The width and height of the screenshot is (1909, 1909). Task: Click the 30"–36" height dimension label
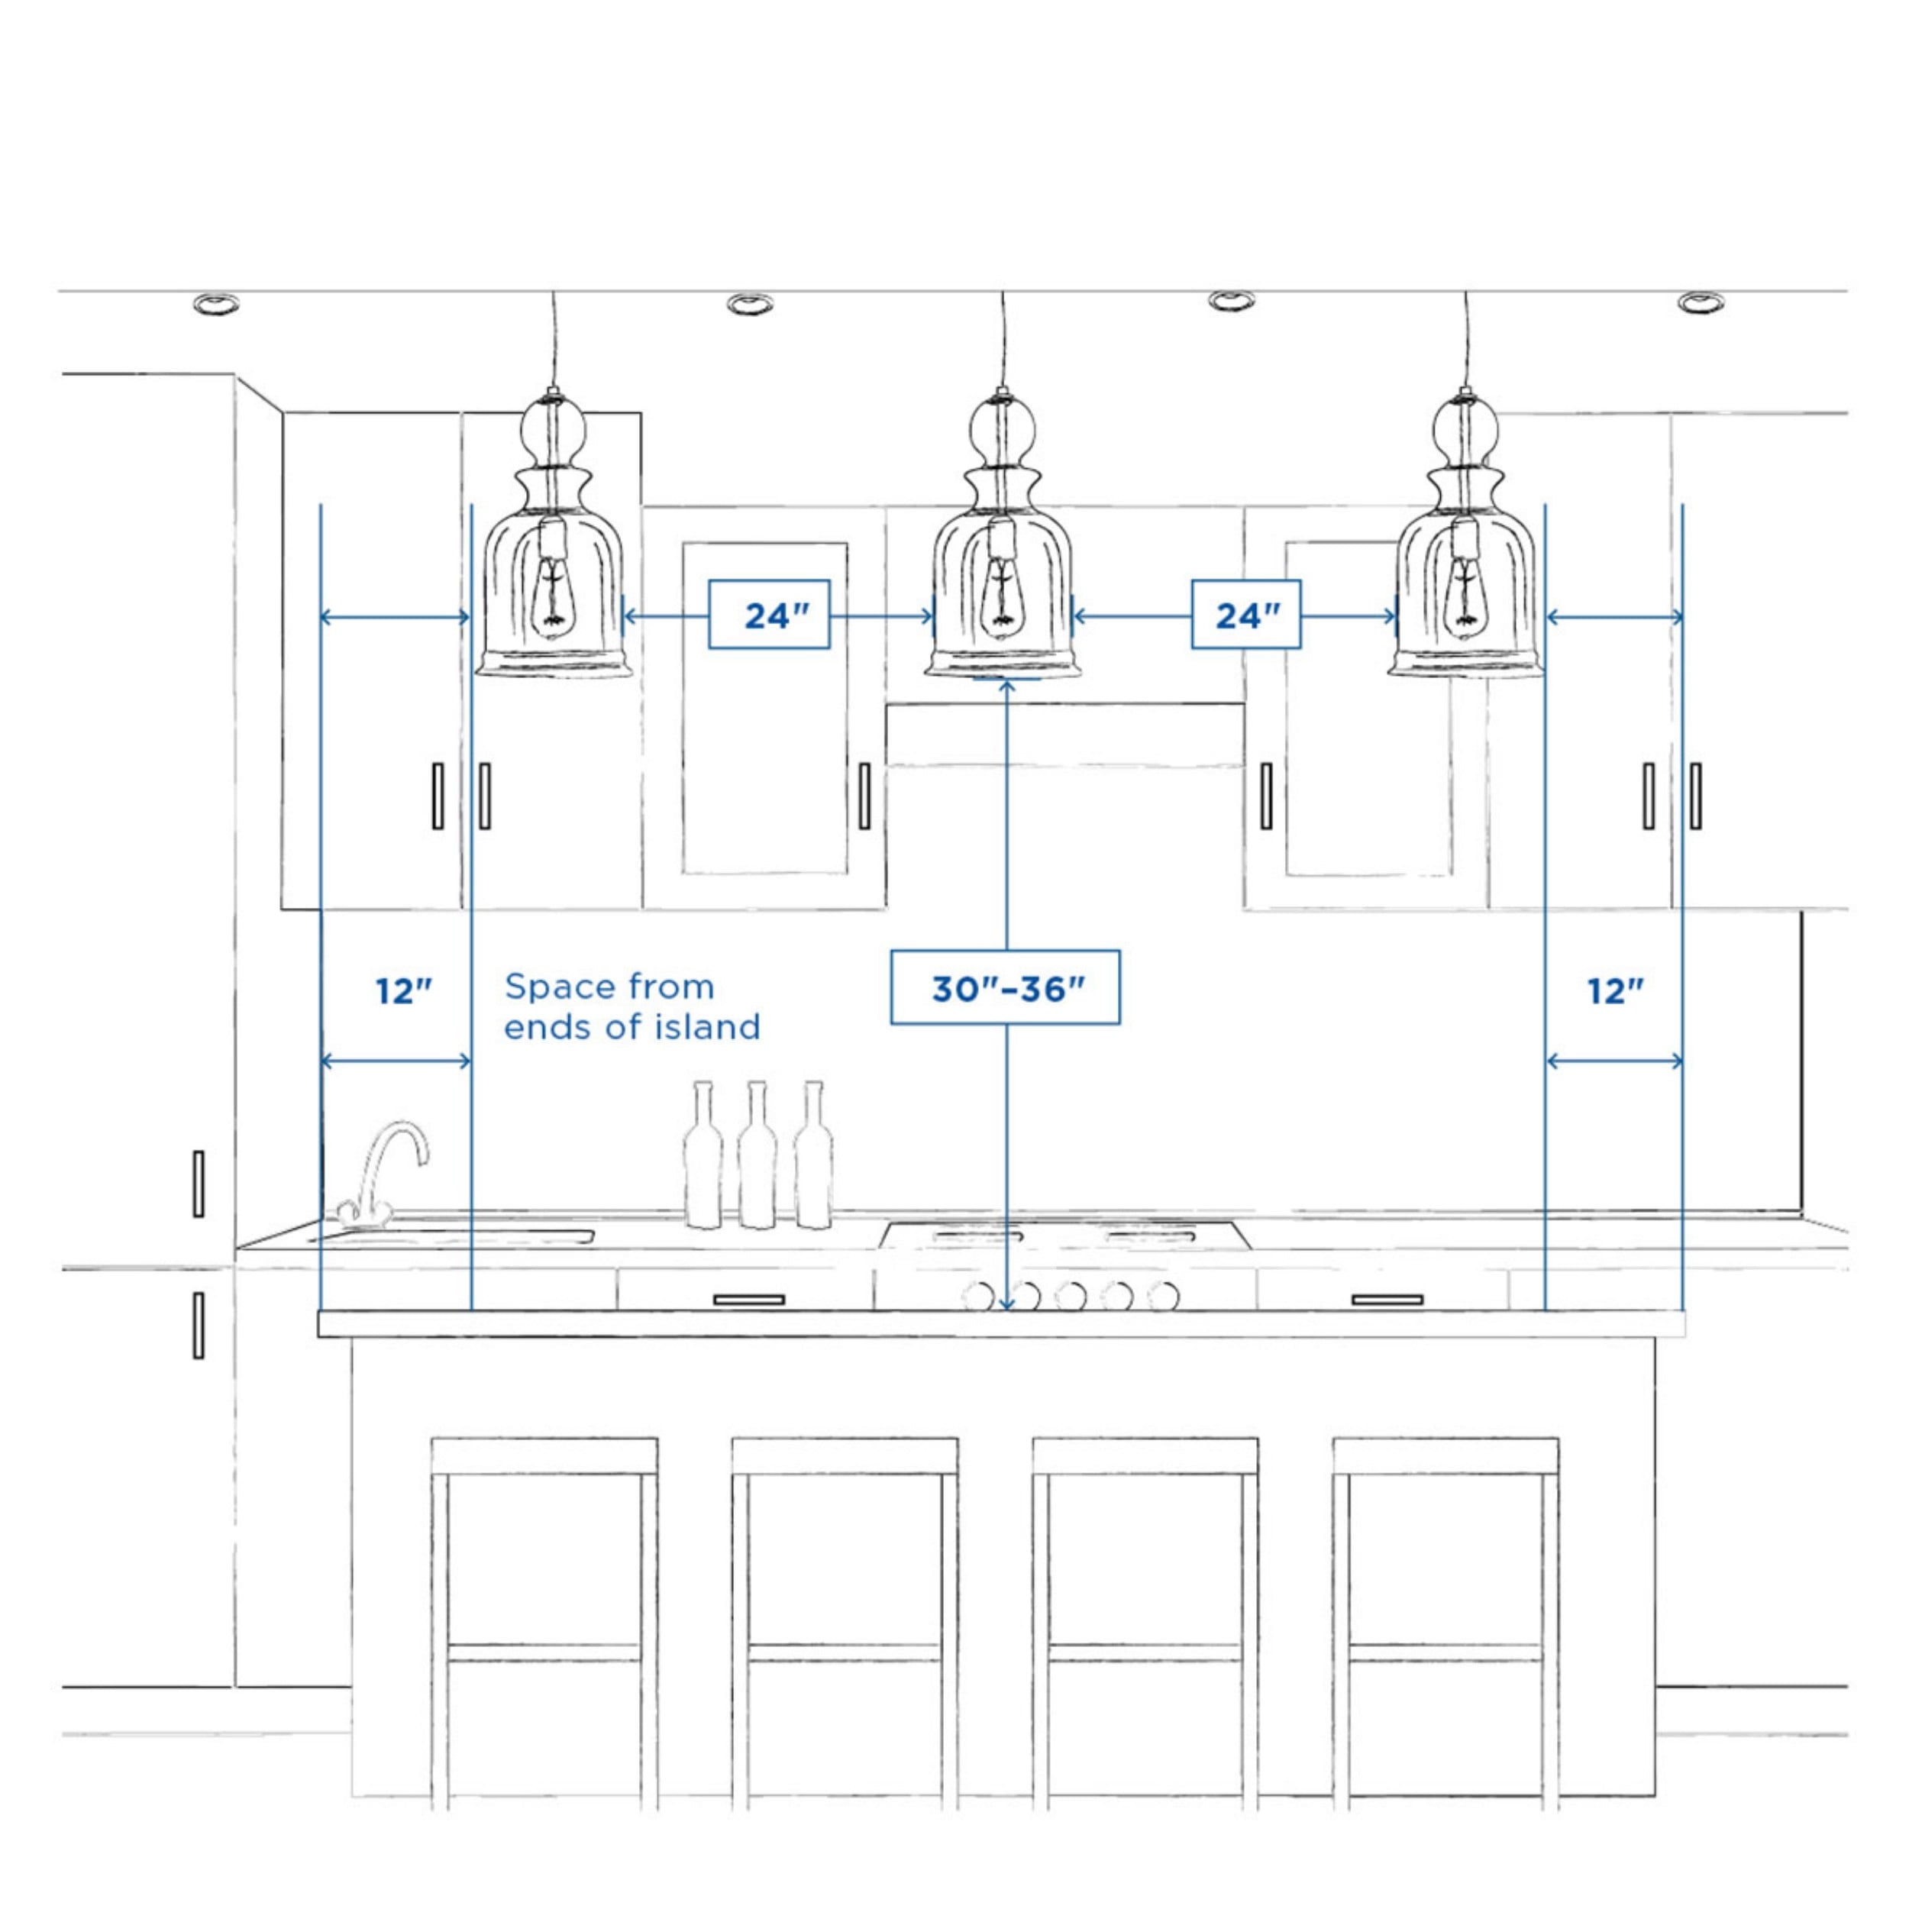1005,987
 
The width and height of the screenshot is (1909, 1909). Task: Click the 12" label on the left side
403,990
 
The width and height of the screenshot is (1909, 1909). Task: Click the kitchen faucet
383,1176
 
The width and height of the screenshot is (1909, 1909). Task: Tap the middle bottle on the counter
757,1155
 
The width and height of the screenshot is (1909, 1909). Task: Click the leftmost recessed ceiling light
215,303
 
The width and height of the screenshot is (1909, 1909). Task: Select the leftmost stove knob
978,1295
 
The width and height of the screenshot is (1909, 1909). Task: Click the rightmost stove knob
1164,1295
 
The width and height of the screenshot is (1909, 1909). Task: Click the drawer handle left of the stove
749,1300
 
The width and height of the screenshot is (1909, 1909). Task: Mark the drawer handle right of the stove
1387,1300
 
